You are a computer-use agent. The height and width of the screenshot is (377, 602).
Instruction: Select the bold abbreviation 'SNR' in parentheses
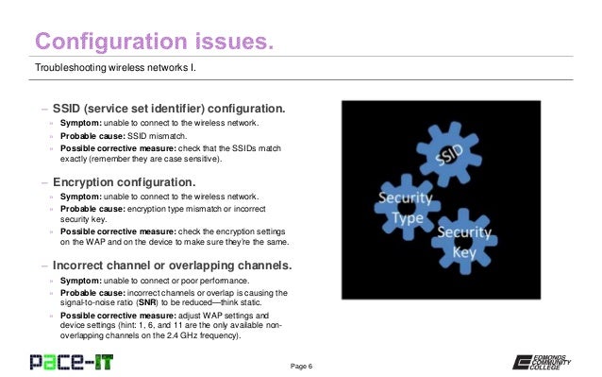click(x=149, y=304)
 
